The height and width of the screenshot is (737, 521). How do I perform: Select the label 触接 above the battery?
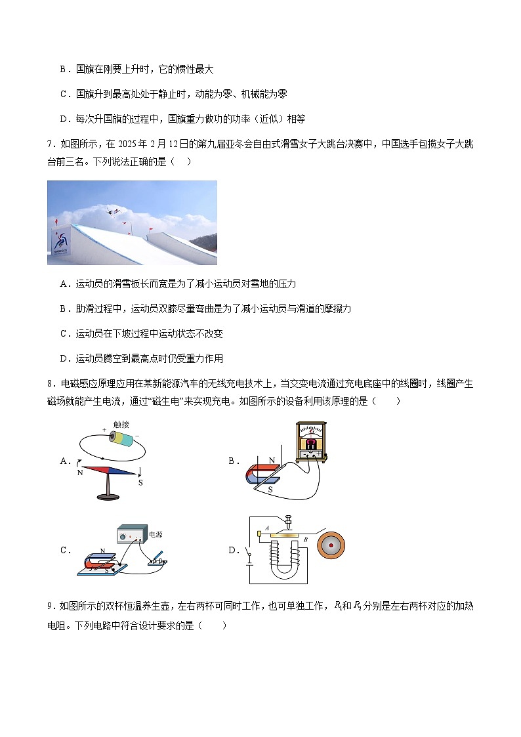121,425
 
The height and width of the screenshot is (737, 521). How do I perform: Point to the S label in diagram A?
140,482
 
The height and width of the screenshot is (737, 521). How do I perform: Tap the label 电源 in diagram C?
156,535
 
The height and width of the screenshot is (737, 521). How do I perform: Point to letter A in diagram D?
259,530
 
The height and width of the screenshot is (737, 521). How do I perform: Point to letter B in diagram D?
304,539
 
